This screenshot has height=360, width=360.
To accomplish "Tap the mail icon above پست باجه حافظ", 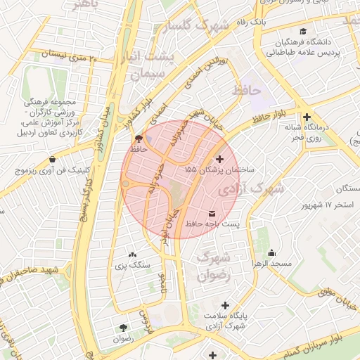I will coord(212,213).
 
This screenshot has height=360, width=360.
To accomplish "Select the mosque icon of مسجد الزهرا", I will coord(272,253).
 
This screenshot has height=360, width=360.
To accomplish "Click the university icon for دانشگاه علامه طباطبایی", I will coord(303,32).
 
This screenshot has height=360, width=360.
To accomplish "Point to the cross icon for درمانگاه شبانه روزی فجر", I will coord(307,117).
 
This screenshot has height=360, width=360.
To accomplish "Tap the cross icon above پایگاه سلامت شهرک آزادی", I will coord(225,305).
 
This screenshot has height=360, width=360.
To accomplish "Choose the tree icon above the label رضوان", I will coord(124,328).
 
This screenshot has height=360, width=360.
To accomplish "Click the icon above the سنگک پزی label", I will coord(133,255).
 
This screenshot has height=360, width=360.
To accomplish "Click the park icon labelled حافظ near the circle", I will coord(138,139).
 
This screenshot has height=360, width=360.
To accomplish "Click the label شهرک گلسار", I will coord(196,27).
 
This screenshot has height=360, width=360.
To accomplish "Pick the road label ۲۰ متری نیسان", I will coord(77,54).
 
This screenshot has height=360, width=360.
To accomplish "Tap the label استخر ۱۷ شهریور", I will coord(326,205).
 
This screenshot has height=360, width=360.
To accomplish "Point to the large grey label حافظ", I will coord(246,91).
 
